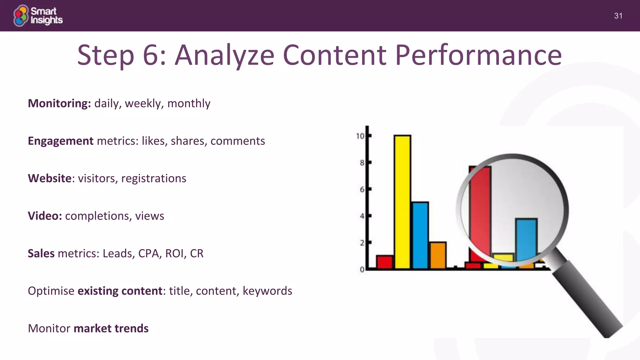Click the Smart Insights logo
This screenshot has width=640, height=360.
pos(38,15)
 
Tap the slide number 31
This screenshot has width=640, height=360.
pos(618,16)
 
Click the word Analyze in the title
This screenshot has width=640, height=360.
pos(224,55)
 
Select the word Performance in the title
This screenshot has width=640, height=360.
pos(478,55)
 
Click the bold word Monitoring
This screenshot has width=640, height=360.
pos(59,103)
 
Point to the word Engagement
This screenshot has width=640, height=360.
pos(60,141)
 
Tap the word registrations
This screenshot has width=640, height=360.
pos(153,178)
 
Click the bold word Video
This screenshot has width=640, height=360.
pos(45,216)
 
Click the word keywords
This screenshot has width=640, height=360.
pos(267,291)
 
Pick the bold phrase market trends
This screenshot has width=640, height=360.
pos(111,328)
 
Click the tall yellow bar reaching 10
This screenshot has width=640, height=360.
pos(402,202)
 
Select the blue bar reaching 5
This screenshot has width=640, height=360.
pos(420,235)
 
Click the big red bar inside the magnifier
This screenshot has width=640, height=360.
pos(479,212)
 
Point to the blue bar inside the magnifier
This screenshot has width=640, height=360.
pos(526,239)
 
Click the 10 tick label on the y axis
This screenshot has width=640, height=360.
pos(360,136)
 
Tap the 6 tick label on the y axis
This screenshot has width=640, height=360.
pos(362,190)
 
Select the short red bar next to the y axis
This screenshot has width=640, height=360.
pos(384,262)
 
